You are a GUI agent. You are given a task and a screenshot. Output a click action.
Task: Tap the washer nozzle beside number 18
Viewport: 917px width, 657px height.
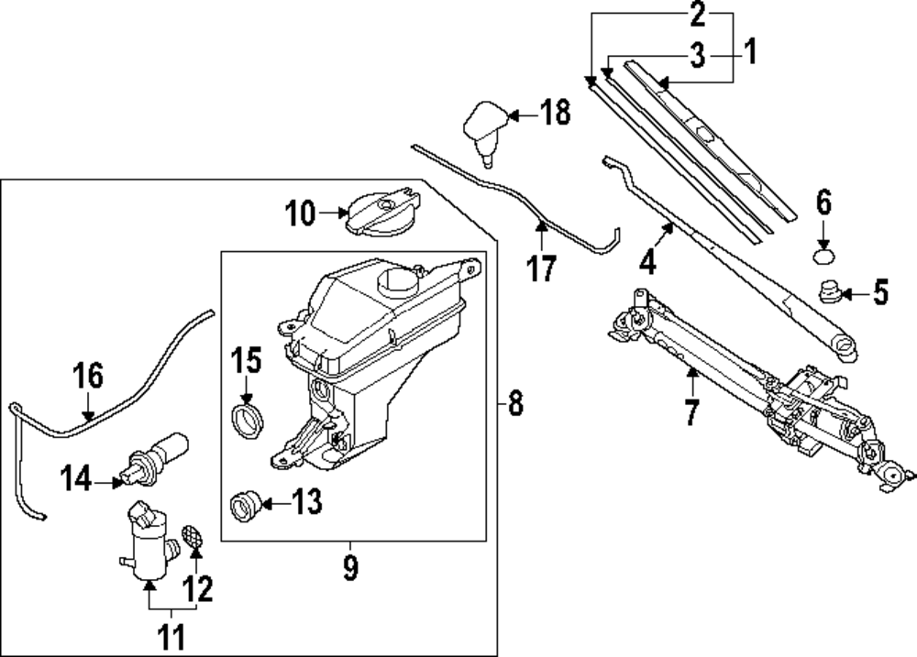coord(488,129)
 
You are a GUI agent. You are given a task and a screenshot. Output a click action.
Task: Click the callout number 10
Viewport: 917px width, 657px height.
coord(299,214)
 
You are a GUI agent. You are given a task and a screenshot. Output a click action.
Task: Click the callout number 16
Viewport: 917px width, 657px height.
coord(88,376)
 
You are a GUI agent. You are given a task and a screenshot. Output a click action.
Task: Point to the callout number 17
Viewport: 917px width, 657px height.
coord(542,268)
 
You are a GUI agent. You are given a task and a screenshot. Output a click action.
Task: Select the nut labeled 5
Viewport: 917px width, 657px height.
coord(831,293)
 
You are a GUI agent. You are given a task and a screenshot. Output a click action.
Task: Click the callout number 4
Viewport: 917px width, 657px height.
coord(648,263)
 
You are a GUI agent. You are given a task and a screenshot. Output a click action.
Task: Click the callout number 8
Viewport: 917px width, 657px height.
coord(514,402)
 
